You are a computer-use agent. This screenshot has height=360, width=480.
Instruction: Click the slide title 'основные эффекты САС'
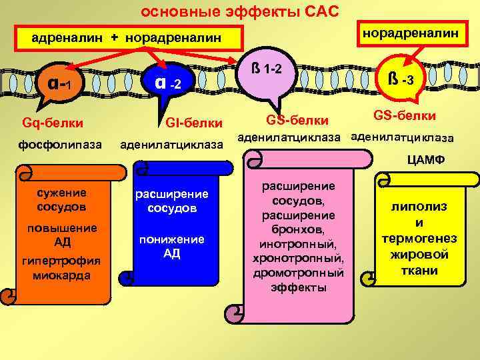tap(240, 11)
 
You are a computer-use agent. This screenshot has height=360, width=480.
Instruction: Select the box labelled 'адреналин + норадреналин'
tap(127, 38)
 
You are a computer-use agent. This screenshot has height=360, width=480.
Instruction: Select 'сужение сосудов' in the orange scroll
tap(63, 199)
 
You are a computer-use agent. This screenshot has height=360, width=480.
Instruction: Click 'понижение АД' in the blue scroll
tap(171, 246)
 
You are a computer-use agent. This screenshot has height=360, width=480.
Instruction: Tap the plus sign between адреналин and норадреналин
tap(115, 38)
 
